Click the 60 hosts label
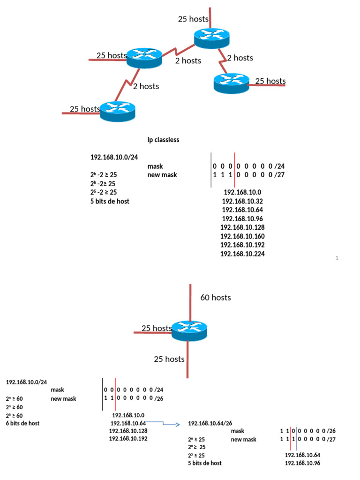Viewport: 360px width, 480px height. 215,297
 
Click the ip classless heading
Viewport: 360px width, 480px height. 163,140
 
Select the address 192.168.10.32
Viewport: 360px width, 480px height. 242,201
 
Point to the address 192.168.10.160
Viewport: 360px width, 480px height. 242,236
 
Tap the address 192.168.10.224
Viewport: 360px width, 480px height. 242,254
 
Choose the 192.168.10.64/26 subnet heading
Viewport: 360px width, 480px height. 210,423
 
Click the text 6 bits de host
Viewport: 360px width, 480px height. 22,423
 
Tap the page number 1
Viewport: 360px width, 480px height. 337,258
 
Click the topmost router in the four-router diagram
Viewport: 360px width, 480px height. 212,37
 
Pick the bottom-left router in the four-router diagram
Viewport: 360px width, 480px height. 117,110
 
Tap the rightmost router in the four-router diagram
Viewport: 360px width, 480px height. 232,83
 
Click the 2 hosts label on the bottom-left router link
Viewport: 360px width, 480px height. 146,86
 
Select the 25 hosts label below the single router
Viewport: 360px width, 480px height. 169,359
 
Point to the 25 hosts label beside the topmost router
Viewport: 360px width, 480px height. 193,19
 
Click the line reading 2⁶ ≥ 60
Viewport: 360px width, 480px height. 14,415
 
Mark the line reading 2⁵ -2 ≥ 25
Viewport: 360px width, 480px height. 104,192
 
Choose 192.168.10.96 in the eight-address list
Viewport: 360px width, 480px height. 242,218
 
